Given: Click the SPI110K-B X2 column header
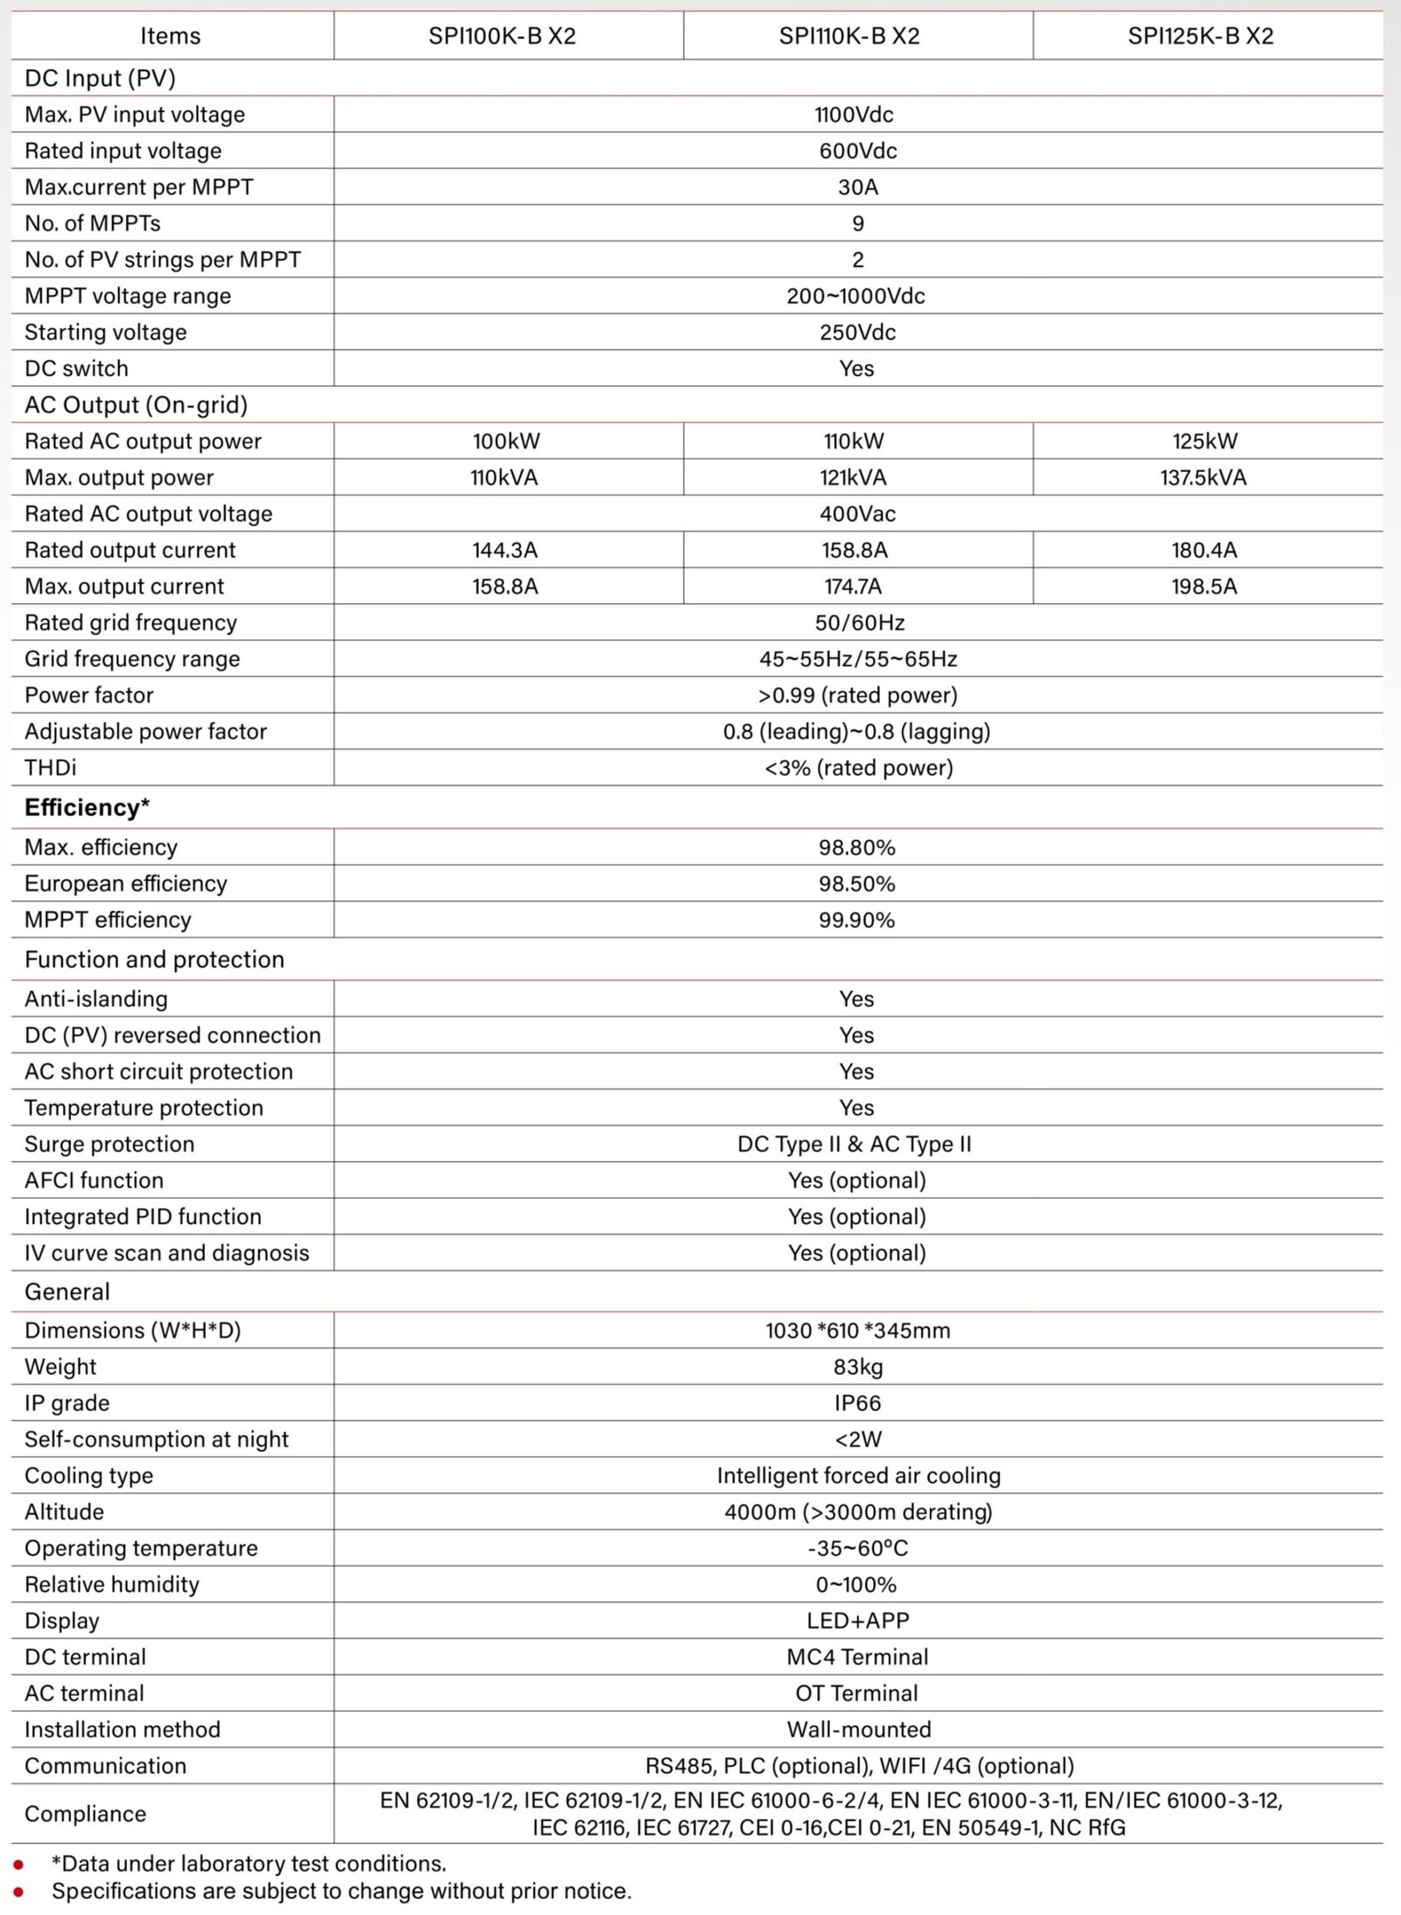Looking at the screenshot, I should tap(848, 36).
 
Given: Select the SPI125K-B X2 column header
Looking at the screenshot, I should tap(1200, 36).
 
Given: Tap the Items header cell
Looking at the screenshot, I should tap(170, 36).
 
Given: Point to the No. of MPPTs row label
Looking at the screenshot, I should tap(92, 223).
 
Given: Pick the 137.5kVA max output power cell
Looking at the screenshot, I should tap(1203, 477).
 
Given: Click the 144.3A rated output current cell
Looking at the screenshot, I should tap(504, 550).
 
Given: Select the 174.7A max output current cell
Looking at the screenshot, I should tap(853, 587).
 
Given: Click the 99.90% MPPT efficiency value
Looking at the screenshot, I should tap(856, 920).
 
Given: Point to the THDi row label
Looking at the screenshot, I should tap(50, 768).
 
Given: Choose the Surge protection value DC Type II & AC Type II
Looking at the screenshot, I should tap(854, 1144).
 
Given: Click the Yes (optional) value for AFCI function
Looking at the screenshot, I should tap(856, 1180).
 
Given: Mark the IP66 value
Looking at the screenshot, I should tap(857, 1403).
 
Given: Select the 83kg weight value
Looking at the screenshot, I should tap(857, 1367).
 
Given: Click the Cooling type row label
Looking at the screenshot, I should tap(88, 1475).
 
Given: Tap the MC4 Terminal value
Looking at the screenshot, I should tap(857, 1657).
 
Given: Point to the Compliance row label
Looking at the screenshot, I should tap(85, 1813).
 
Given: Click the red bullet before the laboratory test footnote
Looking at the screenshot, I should tap(18, 1865).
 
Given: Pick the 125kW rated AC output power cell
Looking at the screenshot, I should tap(1205, 441).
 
